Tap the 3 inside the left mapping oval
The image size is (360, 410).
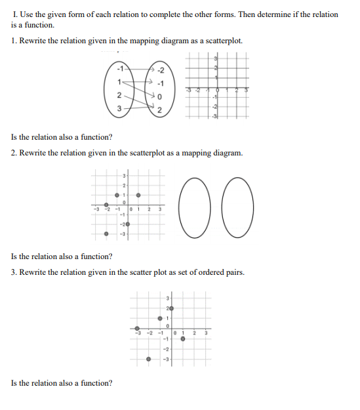coord(119,109)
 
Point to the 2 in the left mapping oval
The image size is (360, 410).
coord(119,96)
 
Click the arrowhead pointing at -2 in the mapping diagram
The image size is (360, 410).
coord(151,68)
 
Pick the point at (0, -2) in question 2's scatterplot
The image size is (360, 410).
coord(127,224)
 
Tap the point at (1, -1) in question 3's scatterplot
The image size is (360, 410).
coord(183,338)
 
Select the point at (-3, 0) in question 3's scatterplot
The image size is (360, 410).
coord(137,328)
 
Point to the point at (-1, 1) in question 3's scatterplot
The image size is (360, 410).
coord(159,318)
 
